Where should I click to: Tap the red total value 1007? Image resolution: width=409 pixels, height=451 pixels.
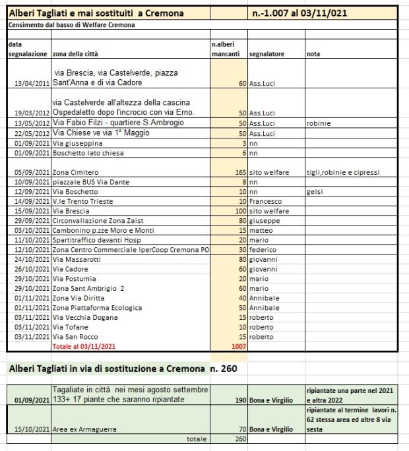(x=238, y=346)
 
